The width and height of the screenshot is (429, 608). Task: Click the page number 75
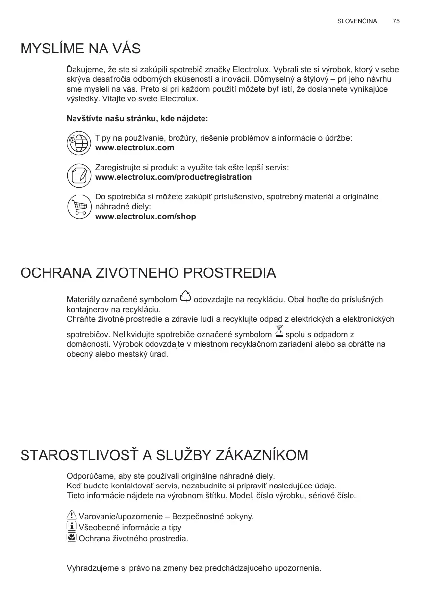point(396,21)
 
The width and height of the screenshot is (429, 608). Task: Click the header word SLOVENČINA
point(357,21)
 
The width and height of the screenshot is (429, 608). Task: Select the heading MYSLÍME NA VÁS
point(80,49)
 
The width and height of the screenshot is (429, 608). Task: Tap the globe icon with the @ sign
point(78,143)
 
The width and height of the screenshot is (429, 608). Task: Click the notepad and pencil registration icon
point(78,175)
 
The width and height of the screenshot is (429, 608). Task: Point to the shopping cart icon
point(78,207)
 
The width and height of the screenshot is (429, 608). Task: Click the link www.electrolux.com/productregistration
point(173,177)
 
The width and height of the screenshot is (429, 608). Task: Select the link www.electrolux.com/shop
point(145,217)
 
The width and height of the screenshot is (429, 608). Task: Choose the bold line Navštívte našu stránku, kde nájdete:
point(137,119)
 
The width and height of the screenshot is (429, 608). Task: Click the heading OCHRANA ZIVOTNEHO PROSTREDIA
point(148,273)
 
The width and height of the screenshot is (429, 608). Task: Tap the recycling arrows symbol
point(185,296)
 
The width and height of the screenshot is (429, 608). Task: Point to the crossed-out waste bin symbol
point(279,332)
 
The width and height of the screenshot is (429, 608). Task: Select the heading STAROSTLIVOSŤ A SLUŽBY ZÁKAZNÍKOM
point(164,455)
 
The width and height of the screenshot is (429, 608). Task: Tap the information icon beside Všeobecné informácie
point(71,526)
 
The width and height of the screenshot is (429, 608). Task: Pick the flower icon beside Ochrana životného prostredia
point(71,537)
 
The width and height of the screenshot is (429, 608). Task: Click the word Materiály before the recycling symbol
point(82,300)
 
